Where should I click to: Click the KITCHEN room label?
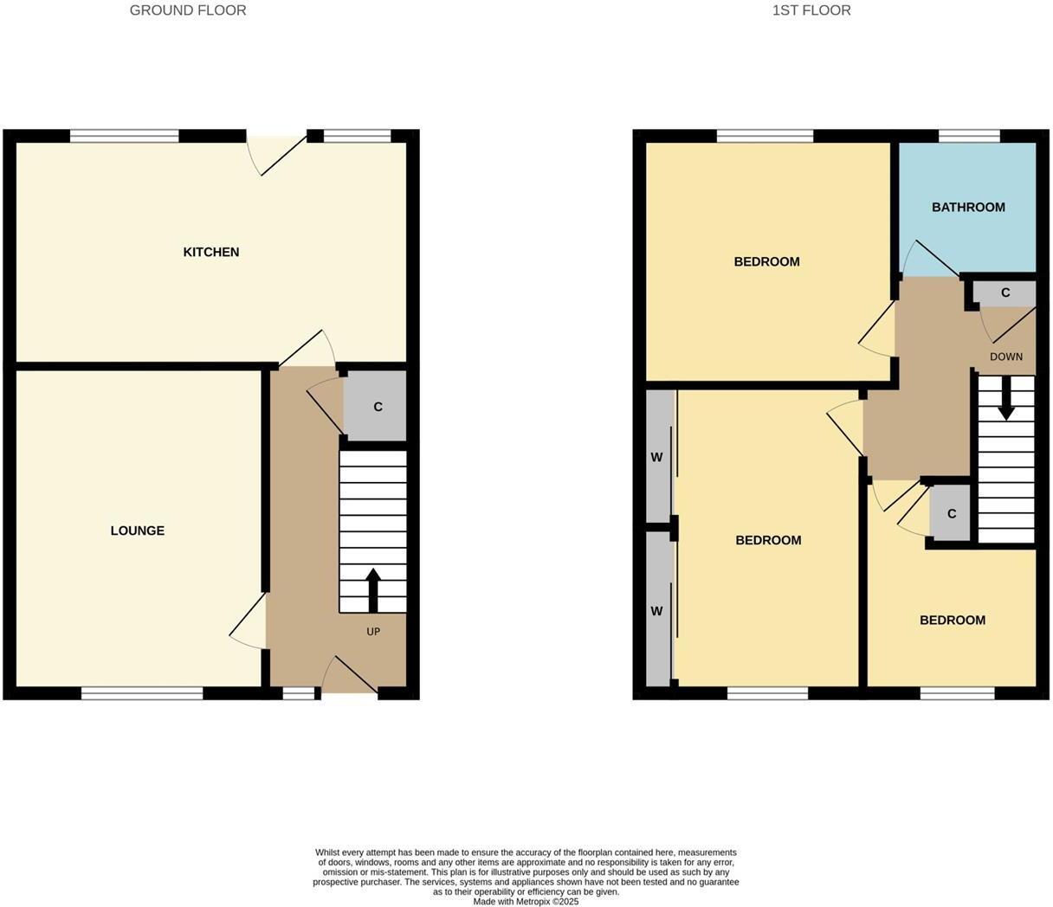point(210,252)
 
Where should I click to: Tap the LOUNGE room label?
point(137,531)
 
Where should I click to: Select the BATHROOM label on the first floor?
point(967,207)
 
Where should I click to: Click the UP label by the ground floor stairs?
point(373,632)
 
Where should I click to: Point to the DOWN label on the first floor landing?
point(1006,357)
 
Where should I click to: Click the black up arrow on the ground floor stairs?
point(373,590)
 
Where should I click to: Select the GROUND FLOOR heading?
point(188,10)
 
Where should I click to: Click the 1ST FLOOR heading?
point(811,10)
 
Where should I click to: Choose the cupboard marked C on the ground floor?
point(377,407)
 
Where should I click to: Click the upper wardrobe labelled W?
point(657,457)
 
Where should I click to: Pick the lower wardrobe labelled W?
point(657,611)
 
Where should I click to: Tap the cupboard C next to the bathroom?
point(1005,293)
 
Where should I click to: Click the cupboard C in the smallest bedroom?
point(951,514)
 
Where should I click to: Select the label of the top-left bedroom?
point(766,261)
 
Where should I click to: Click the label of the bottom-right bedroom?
point(952,620)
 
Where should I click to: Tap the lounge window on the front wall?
point(142,692)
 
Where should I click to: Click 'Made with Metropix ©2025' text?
point(526,901)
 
